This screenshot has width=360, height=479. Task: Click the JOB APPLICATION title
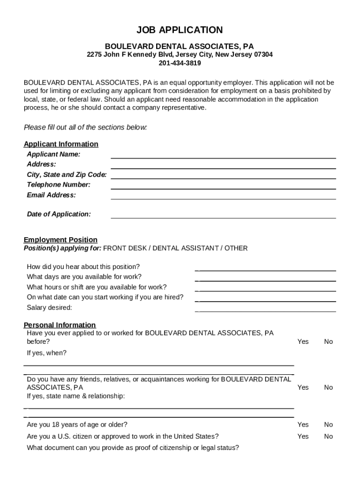pyautogui.click(x=180, y=30)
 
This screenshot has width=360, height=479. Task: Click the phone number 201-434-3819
pyautogui.click(x=180, y=63)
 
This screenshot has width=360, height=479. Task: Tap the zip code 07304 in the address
pyautogui.click(x=263, y=55)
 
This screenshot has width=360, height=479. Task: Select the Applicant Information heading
pyautogui.click(x=61, y=144)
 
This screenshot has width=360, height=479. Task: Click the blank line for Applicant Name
pyautogui.click(x=223, y=158)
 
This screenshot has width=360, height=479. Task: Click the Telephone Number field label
pyautogui.click(x=58, y=185)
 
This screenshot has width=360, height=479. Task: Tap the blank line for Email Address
pyautogui.click(x=223, y=198)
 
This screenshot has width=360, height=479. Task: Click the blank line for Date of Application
pyautogui.click(x=223, y=218)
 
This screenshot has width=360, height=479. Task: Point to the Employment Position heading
pyautogui.click(x=61, y=240)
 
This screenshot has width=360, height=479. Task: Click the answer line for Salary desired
pyautogui.click(x=266, y=311)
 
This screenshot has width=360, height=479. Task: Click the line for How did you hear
pyautogui.click(x=266, y=270)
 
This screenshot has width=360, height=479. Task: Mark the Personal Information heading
pyautogui.click(x=60, y=325)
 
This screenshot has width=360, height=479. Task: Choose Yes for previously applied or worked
pyautogui.click(x=303, y=342)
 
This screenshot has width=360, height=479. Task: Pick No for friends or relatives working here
pyautogui.click(x=329, y=387)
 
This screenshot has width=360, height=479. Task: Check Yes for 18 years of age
pyautogui.click(x=303, y=425)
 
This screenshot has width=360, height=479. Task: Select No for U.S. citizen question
pyautogui.click(x=329, y=436)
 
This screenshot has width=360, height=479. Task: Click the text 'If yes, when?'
pyautogui.click(x=47, y=353)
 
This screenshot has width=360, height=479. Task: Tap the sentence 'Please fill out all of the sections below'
pyautogui.click(x=85, y=127)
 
